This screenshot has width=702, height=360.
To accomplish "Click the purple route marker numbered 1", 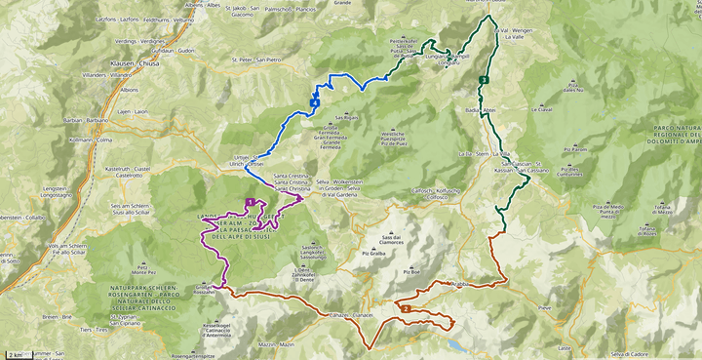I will coord(263,202).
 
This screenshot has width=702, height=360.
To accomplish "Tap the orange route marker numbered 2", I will coord(405,309).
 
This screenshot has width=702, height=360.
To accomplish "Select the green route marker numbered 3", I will coord(485,80).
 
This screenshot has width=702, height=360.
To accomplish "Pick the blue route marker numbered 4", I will coord(314,102).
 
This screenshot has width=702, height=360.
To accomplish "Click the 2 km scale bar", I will coord(18,353).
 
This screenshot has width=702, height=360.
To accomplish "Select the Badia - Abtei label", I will coord(483,111).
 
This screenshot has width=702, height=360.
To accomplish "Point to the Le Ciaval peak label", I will coord(542,109).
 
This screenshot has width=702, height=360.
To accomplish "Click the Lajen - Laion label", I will coord(134,111).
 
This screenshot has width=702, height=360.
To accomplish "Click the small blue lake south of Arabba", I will coord(455,344).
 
